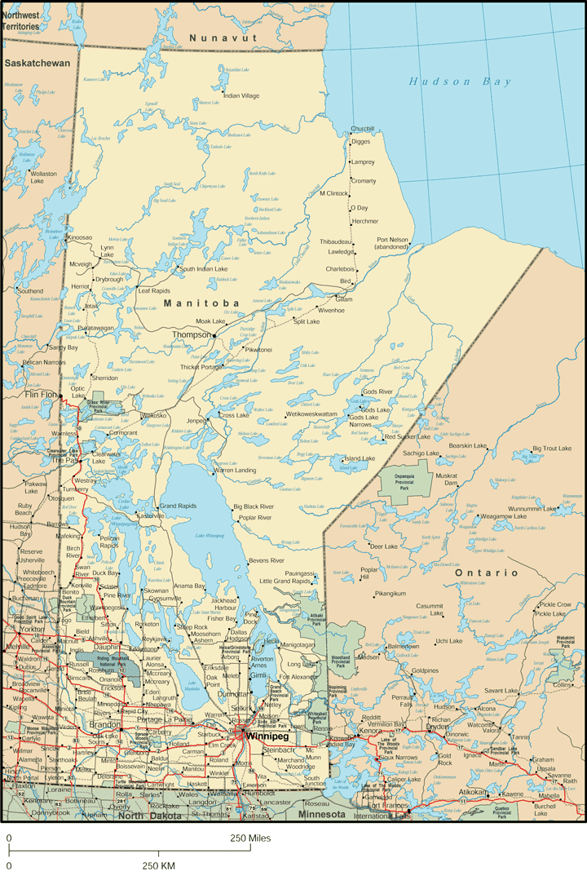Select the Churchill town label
click(x=362, y=129)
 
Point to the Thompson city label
click(x=192, y=334)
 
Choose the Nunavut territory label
click(x=223, y=38)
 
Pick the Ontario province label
click(x=487, y=573)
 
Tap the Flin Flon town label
click(x=42, y=395)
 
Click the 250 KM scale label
click(x=159, y=864)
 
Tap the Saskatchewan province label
click(x=37, y=63)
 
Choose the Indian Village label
click(x=241, y=96)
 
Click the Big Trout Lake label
click(x=554, y=449)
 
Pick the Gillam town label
click(x=344, y=299)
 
